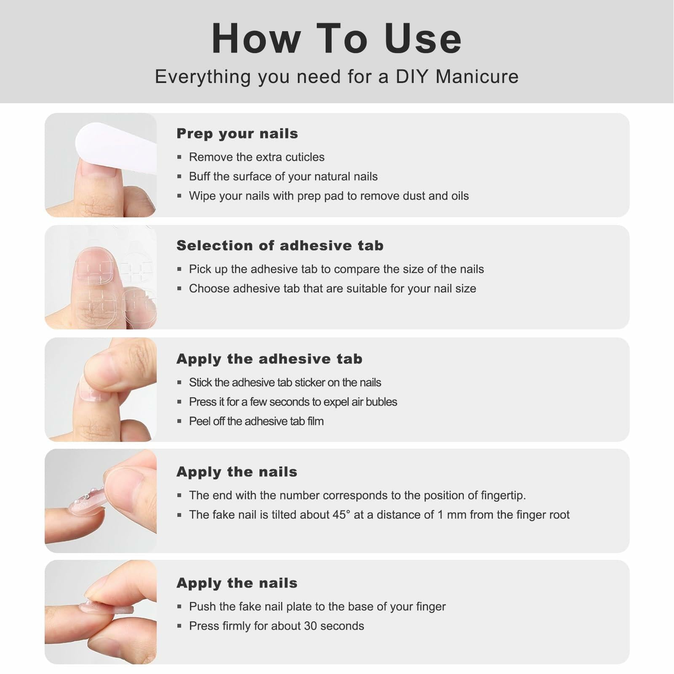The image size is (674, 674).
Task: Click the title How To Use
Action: (337, 38)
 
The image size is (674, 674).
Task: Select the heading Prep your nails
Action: (237, 134)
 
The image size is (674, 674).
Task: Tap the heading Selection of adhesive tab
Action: (280, 246)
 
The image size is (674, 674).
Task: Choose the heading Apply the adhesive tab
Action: (270, 359)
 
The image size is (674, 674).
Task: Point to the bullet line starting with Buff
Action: (283, 177)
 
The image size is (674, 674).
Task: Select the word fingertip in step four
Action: (503, 496)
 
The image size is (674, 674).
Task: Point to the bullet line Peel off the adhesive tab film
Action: (256, 421)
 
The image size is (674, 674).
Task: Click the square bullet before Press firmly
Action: (179, 626)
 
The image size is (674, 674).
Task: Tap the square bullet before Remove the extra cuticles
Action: (179, 157)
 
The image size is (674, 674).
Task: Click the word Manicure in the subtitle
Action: (477, 77)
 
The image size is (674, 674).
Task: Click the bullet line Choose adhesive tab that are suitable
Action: (332, 289)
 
